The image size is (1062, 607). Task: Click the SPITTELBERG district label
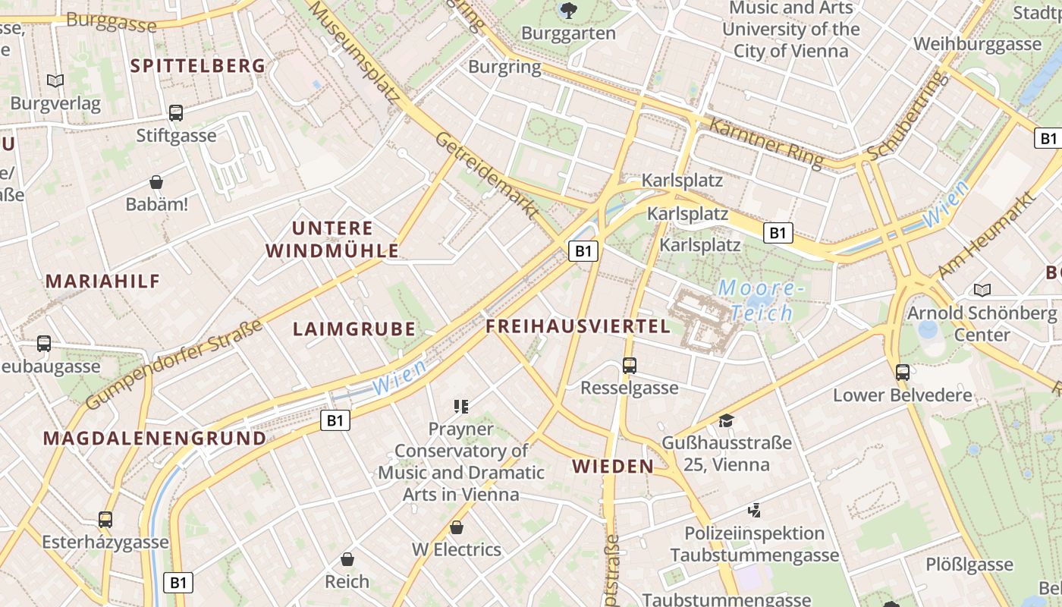click(x=198, y=66)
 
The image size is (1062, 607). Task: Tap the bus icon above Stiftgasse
click(x=176, y=113)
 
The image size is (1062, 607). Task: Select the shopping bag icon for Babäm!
click(x=156, y=182)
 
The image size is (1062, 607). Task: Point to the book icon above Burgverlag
click(x=55, y=80)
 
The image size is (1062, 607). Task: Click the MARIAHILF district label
click(x=103, y=281)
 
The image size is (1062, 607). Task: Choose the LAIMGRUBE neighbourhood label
click(x=354, y=329)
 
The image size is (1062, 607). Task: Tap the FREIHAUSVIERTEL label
click(x=578, y=326)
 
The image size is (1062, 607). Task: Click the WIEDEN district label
click(x=613, y=466)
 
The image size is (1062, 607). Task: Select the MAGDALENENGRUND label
click(x=155, y=439)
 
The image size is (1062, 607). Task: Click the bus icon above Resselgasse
click(x=629, y=366)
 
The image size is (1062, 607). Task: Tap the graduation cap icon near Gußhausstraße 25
click(x=727, y=420)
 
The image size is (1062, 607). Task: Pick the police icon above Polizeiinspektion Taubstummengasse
click(x=754, y=510)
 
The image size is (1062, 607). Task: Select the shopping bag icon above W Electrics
click(x=457, y=527)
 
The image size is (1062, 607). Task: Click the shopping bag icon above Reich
click(x=347, y=559)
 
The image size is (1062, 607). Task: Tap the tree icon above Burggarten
click(x=567, y=11)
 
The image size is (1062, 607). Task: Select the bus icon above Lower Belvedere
click(x=903, y=372)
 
